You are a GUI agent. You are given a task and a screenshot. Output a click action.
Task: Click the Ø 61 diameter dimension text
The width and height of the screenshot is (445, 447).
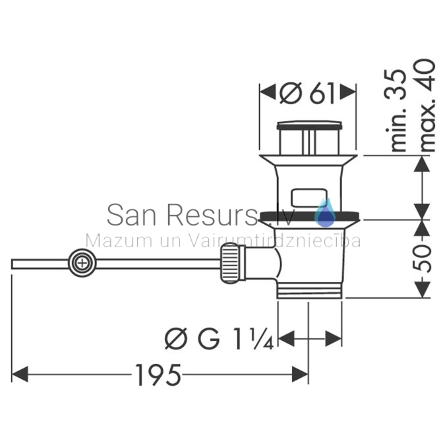307,94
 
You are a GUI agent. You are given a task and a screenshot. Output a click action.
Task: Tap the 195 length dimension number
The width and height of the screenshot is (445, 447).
158,375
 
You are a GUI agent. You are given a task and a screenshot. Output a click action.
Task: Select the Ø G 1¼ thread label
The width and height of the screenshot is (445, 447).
220,339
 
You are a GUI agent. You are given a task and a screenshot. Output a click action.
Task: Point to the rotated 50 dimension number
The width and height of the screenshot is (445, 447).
422,258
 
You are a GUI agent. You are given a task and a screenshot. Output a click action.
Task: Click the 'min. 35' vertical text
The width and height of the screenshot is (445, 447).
396,110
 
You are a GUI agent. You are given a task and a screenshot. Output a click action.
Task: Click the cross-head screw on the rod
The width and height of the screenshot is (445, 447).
82,263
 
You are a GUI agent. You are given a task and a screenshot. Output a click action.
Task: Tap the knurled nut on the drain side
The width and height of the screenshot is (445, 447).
230,263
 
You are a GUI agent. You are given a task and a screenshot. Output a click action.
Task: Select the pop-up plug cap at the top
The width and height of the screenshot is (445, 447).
309,125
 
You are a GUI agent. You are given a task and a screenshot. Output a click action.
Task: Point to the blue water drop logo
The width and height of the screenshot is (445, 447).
325,213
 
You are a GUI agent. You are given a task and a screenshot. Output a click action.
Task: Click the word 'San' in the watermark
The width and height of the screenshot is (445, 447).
131,215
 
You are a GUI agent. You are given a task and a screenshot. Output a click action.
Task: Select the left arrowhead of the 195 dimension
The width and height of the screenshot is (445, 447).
20,374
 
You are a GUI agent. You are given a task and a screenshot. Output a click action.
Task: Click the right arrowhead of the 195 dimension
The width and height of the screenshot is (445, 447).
300,374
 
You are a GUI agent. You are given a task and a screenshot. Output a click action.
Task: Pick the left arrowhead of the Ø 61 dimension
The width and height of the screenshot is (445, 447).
268,92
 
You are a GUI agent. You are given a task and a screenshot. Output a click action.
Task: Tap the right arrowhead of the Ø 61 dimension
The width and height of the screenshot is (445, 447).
348,92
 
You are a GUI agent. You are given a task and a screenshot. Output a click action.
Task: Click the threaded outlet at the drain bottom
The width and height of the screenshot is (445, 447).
309,291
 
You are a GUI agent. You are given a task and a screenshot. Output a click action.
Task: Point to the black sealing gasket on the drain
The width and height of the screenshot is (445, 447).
309,216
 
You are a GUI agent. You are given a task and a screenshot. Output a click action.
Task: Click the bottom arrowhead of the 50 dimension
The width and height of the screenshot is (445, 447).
422,289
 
